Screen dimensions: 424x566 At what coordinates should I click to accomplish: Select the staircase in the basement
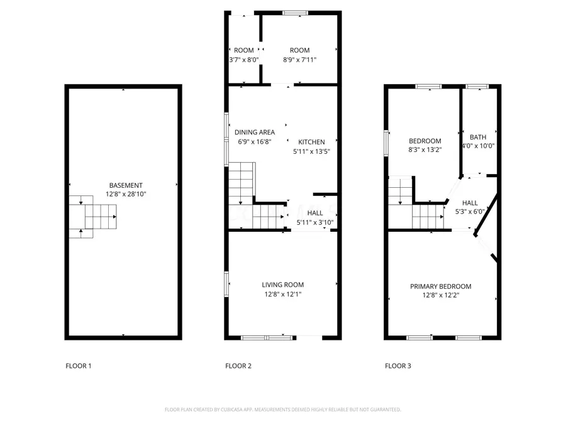(93, 216)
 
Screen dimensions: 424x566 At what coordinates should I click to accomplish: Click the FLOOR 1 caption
(79, 366)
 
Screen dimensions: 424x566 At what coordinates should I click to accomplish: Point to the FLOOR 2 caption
(238, 366)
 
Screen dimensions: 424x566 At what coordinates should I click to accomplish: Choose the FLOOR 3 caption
(398, 366)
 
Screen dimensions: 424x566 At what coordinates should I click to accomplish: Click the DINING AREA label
(255, 133)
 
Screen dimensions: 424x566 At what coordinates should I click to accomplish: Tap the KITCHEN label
(311, 142)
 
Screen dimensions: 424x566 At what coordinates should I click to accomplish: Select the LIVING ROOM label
(283, 285)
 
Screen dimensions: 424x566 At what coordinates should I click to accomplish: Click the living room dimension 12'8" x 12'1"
(283, 295)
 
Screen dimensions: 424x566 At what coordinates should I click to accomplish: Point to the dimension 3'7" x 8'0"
(244, 60)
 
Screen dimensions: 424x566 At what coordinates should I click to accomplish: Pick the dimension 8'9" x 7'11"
(299, 60)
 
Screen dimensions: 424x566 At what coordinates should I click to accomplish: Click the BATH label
(478, 137)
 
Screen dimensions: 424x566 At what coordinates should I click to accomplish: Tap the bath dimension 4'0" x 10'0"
(478, 146)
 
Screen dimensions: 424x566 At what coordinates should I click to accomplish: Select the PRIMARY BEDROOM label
(440, 286)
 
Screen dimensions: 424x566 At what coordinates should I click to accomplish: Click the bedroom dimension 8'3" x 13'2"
(425, 150)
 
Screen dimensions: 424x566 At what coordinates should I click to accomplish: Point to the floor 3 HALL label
(470, 203)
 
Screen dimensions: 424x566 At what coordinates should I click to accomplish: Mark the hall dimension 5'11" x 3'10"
(315, 222)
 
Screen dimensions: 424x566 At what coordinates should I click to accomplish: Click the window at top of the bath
(477, 86)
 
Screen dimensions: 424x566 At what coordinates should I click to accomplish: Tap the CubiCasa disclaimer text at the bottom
(283, 410)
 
